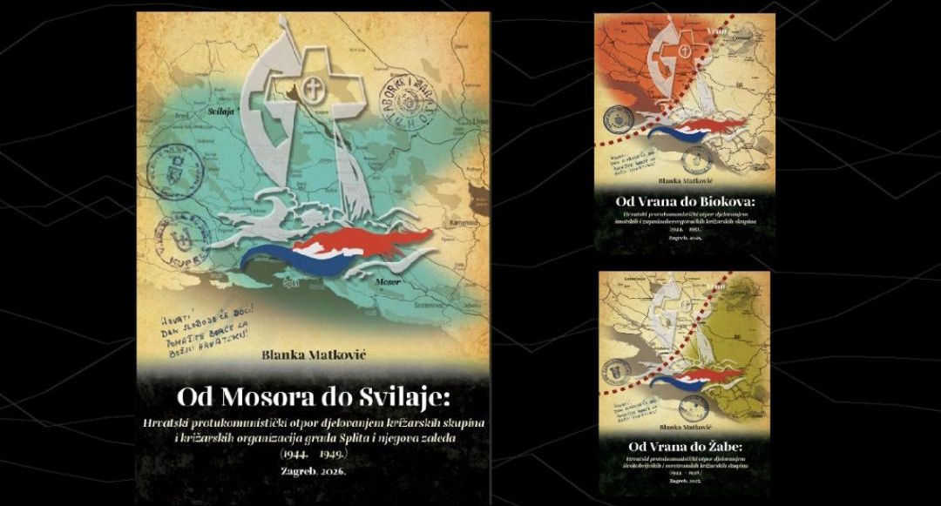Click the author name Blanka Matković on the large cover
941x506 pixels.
(311, 355)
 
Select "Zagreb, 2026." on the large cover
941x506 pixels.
(311, 470)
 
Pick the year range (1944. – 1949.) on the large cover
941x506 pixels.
(311, 453)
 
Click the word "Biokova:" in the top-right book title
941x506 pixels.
(724, 201)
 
